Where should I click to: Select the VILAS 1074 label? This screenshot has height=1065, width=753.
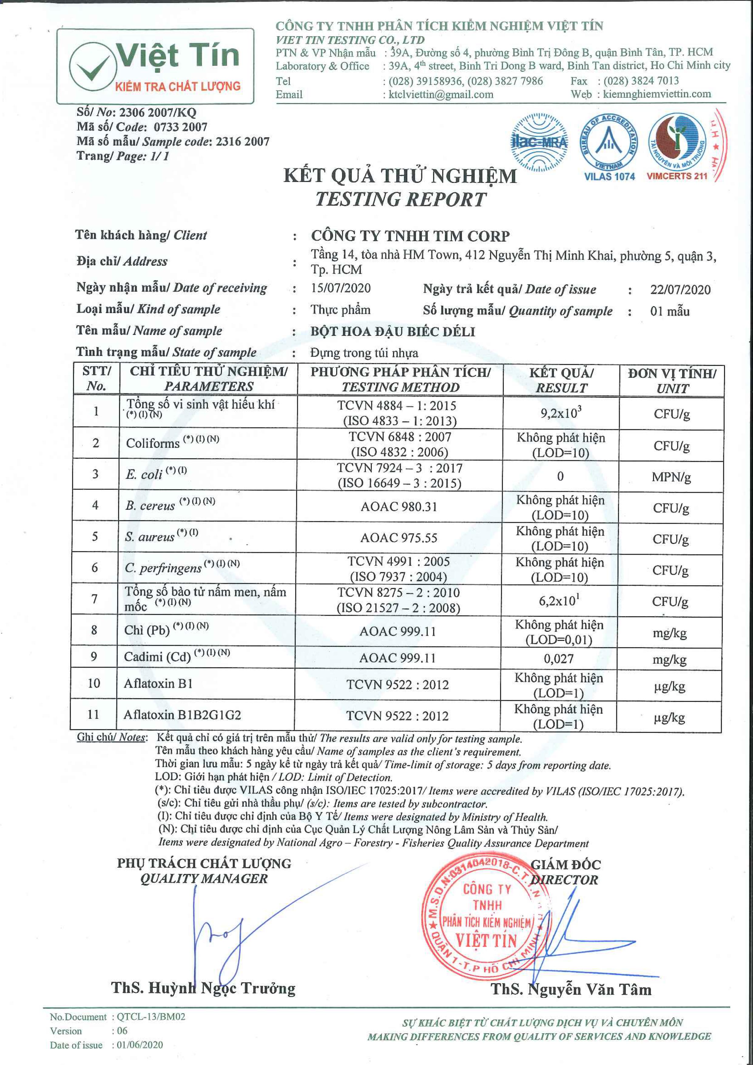pos(609,177)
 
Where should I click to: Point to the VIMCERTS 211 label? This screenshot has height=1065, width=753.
pos(677,176)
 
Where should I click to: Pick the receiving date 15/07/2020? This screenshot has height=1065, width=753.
pos(341,288)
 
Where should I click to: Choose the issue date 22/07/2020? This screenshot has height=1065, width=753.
pos(680,290)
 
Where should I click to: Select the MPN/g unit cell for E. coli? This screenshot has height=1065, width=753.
pos(671,477)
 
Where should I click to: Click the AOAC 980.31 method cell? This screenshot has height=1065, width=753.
pos(399,507)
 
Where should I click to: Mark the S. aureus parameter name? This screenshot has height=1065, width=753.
pos(149,537)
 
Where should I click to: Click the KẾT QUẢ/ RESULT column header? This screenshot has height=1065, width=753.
pos(561,380)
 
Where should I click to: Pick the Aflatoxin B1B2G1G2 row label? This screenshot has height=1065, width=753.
pos(182,715)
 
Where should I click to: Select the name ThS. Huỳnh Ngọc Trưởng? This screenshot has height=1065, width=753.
pos(203,988)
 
